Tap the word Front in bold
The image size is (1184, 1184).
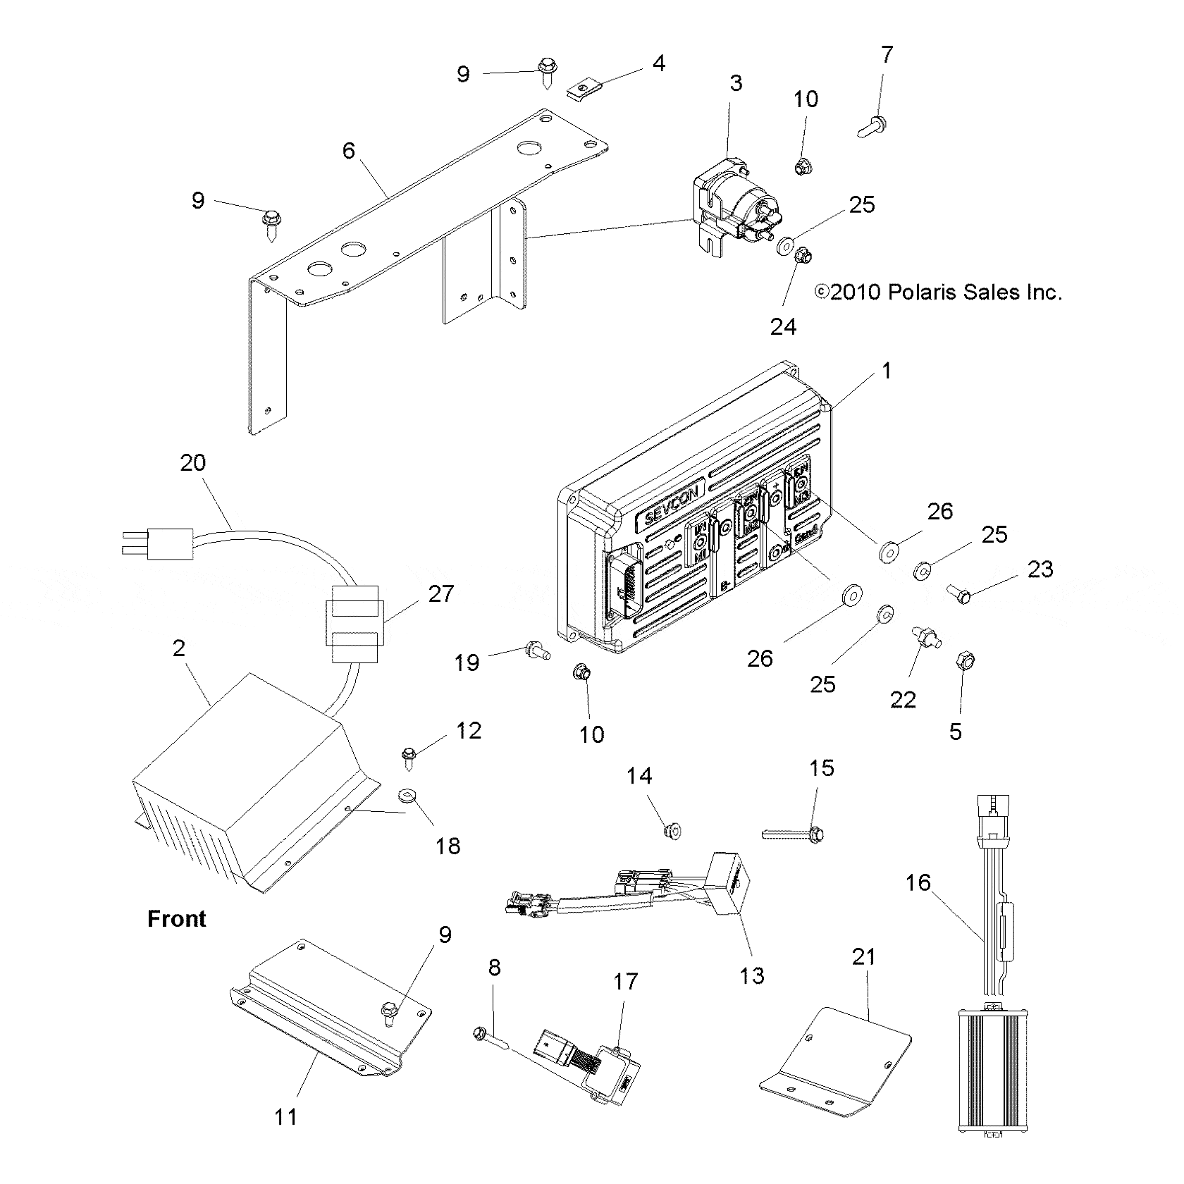click(x=177, y=919)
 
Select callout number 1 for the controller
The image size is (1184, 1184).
click(x=887, y=371)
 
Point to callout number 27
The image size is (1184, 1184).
click(x=441, y=593)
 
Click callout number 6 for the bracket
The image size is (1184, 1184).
click(x=349, y=150)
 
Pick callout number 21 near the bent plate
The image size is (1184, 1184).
click(x=863, y=956)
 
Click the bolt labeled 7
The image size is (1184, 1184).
click(x=872, y=128)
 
